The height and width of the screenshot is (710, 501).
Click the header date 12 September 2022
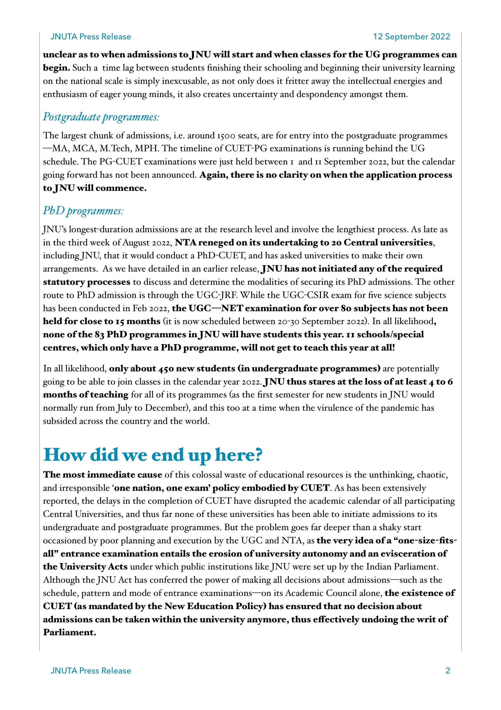click(411, 37)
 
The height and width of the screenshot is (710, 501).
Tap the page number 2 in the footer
click(448, 670)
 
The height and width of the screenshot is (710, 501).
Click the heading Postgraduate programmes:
click(101, 117)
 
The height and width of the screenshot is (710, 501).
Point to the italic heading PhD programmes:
click(83, 211)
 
